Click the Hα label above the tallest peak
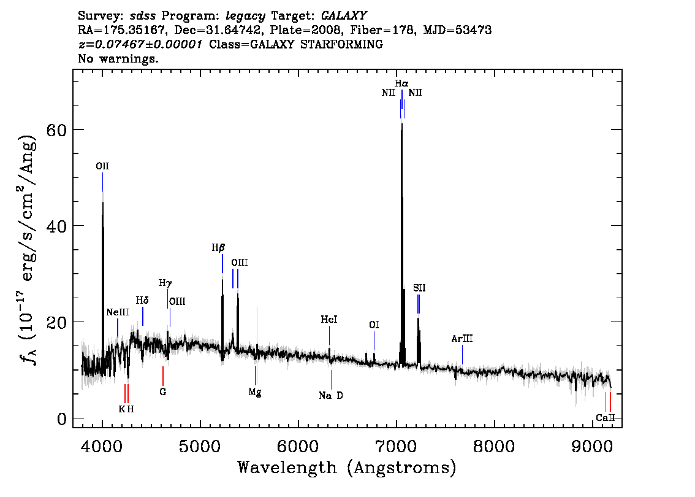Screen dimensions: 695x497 click(401, 83)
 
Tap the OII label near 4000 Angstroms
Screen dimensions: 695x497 click(102, 166)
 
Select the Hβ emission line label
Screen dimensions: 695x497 click(218, 248)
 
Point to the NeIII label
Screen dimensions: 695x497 click(118, 312)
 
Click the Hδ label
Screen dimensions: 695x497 click(142, 301)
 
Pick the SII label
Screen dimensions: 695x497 click(419, 288)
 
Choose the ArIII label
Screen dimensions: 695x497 click(462, 339)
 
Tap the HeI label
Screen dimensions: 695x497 click(329, 320)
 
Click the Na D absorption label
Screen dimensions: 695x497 click(331, 395)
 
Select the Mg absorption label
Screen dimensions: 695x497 click(255, 392)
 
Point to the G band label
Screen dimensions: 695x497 click(162, 392)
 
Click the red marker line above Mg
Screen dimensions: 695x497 click(256, 376)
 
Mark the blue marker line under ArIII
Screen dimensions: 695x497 click(462, 355)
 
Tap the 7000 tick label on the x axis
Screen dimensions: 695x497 click(396, 446)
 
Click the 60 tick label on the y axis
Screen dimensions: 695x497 click(57, 129)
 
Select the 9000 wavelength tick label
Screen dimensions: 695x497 click(592, 446)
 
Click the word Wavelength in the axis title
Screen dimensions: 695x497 click(287, 468)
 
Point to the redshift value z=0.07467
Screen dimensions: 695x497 click(140, 44)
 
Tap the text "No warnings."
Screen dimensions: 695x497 click(118, 58)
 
